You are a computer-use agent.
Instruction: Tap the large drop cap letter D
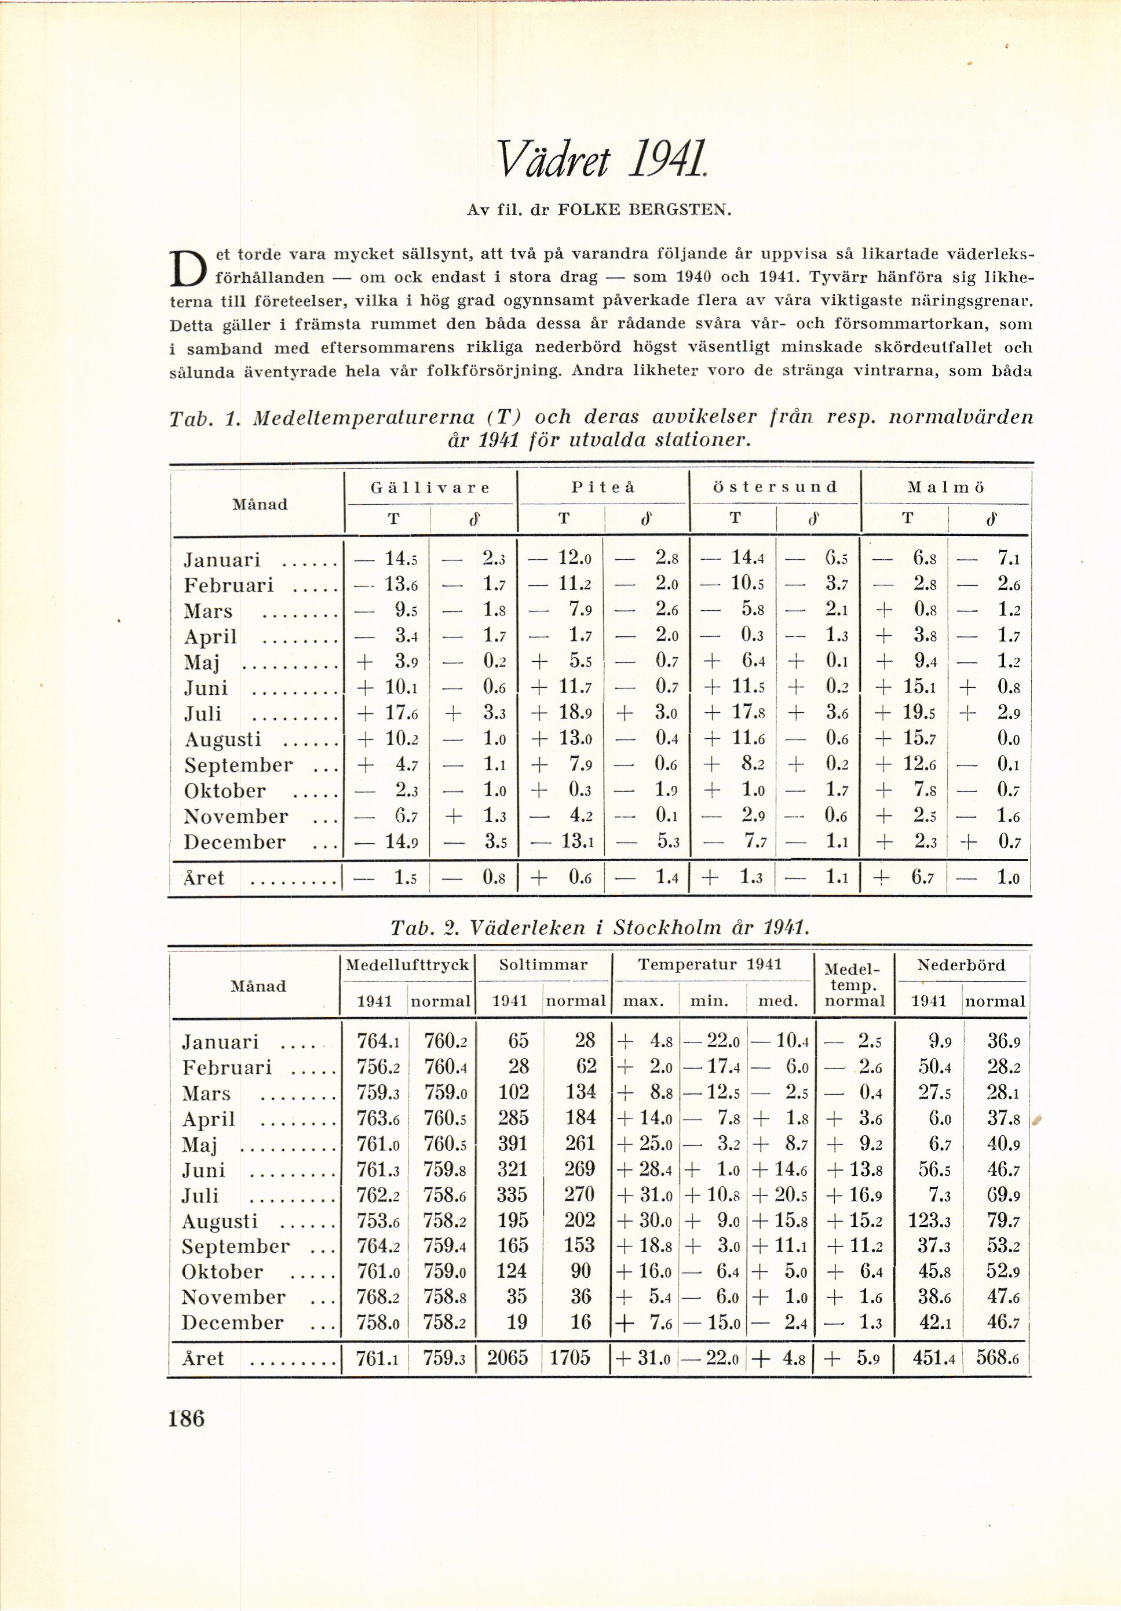pos(188,269)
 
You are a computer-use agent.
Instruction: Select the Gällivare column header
pos(430,487)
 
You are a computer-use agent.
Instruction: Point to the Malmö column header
pos(945,487)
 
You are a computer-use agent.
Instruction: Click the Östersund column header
pos(775,487)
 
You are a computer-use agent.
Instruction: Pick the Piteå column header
pos(603,487)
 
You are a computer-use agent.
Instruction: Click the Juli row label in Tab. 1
pos(203,713)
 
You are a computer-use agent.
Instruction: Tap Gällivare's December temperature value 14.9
pos(398,841)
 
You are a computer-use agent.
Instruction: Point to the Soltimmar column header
pos(543,965)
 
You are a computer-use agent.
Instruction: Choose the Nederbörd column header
pos(961,965)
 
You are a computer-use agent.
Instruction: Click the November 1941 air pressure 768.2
pos(377,1297)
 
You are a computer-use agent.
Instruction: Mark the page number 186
pos(187,1418)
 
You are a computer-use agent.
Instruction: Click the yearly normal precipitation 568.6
pos(997,1358)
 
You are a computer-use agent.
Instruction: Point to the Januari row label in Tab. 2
pos(220,1042)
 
